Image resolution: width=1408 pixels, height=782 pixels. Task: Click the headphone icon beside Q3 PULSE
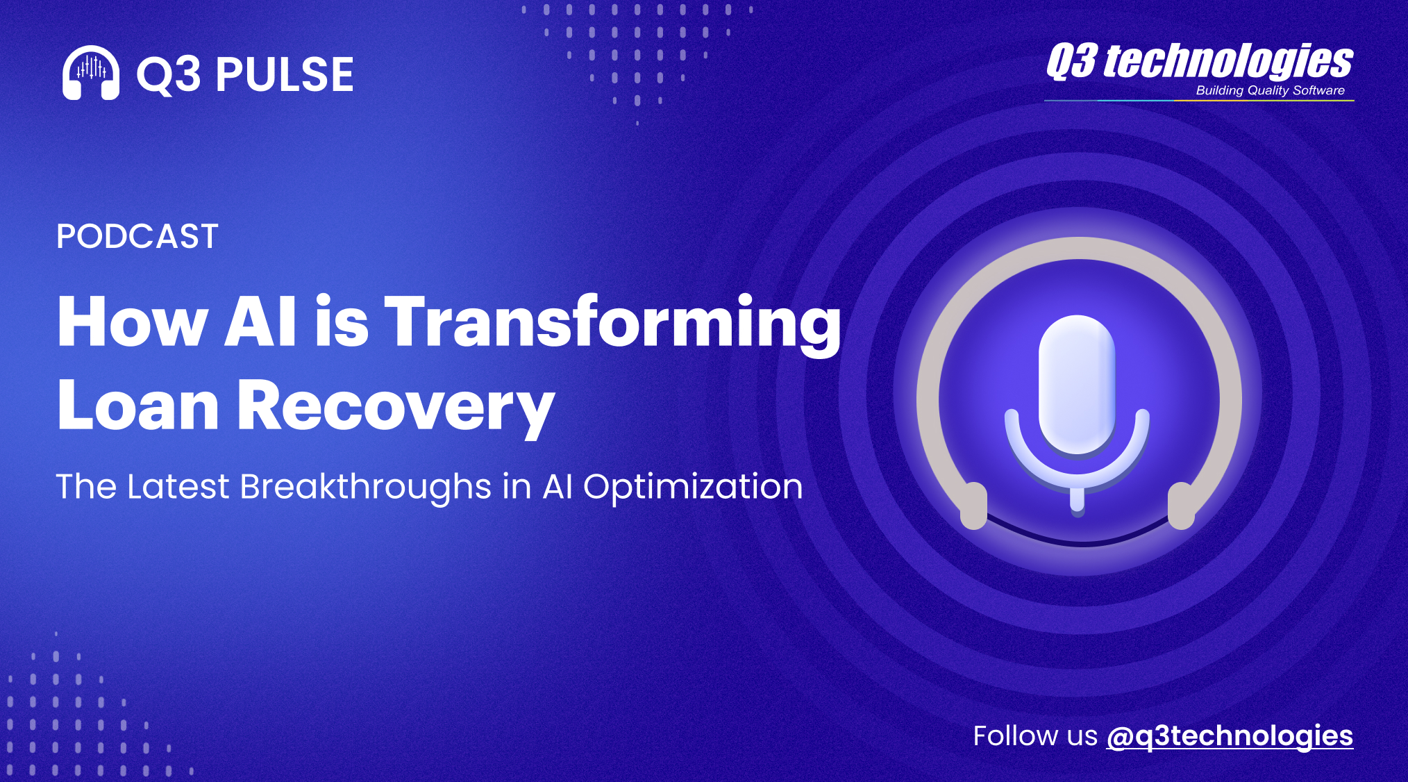(x=90, y=73)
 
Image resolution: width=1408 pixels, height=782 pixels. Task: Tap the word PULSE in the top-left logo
(x=285, y=74)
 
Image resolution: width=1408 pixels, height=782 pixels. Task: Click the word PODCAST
(x=137, y=236)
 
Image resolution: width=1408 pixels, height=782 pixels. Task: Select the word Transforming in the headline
(x=612, y=324)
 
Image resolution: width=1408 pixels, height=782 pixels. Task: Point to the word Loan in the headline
(x=138, y=406)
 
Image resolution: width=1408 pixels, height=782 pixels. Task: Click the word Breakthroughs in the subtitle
(x=366, y=487)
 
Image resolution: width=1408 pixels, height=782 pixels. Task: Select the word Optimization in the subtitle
(x=693, y=487)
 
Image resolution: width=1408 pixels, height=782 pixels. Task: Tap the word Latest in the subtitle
(x=178, y=487)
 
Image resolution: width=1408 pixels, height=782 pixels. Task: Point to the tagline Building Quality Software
(x=1270, y=90)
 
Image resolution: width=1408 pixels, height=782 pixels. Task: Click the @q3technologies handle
(x=1230, y=736)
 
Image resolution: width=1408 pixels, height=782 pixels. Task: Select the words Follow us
(x=1035, y=735)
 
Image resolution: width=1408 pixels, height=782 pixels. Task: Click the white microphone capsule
(x=1077, y=385)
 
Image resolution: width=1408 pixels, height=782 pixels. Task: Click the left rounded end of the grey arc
(x=973, y=506)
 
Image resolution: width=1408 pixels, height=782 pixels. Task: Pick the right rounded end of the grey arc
(x=1181, y=506)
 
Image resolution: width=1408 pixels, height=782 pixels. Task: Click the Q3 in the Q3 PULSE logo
(x=169, y=74)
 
